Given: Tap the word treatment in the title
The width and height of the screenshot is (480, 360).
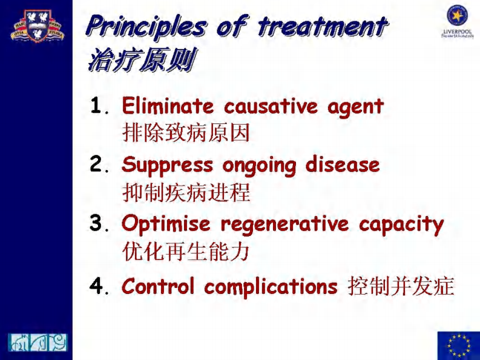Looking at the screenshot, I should (x=321, y=27).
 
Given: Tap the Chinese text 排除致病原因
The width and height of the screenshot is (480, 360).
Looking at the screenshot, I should (x=186, y=133).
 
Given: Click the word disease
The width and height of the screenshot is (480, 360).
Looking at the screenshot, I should (x=342, y=165).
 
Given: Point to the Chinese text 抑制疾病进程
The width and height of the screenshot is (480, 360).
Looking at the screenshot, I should (x=186, y=193).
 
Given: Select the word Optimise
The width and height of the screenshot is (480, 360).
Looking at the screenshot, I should (x=166, y=224).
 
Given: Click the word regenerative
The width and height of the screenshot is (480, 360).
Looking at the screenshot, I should (x=284, y=224).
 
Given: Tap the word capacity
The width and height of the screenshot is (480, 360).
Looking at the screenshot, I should (x=401, y=225).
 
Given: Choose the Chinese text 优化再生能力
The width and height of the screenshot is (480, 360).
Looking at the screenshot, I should (x=186, y=251).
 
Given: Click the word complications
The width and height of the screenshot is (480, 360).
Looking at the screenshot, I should (x=271, y=286).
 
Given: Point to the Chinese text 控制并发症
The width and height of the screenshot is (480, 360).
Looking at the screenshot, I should (x=401, y=286).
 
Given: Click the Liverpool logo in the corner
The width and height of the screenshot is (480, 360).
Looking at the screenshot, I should (x=457, y=20).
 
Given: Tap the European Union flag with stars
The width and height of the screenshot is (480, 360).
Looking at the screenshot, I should (x=458, y=345).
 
